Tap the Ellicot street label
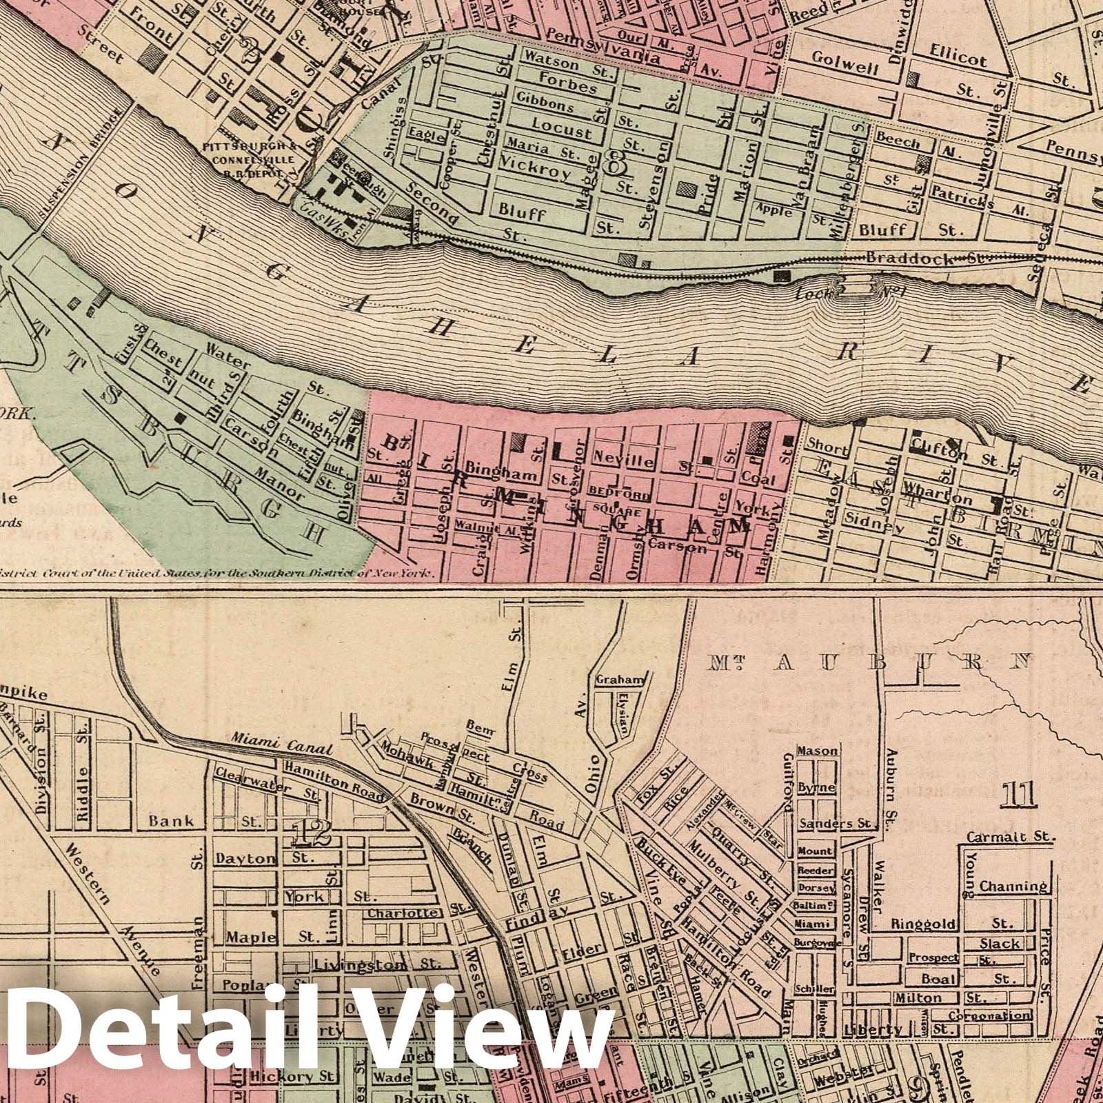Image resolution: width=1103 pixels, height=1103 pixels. [x=958, y=59]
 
